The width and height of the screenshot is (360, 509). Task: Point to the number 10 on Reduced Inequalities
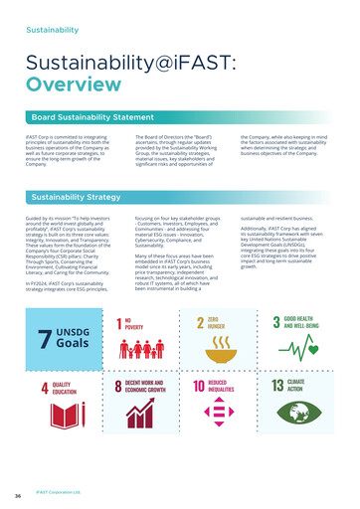pos(199,388)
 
